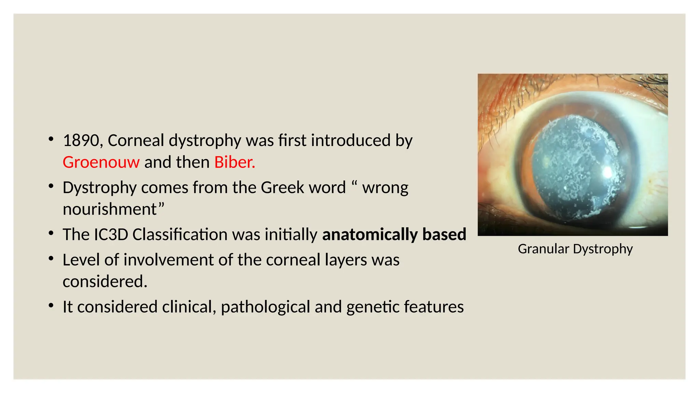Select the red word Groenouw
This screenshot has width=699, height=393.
(x=101, y=162)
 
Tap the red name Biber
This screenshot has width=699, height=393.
(x=234, y=162)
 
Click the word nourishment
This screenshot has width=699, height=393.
(x=110, y=209)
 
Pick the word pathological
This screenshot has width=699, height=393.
(x=265, y=307)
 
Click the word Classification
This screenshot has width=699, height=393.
(x=180, y=234)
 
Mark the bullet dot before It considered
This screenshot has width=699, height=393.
(x=51, y=305)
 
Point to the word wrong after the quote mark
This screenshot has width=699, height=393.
(x=385, y=188)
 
